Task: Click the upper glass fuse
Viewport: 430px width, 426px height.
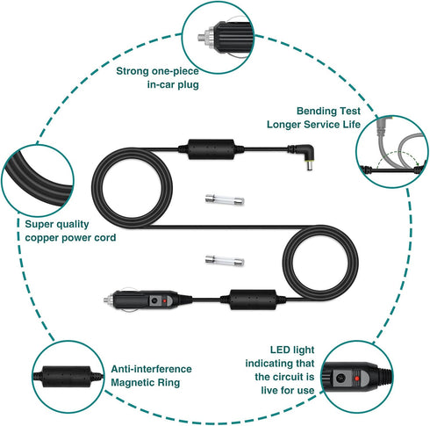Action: pos(225,199)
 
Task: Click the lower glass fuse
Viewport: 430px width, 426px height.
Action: pos(225,260)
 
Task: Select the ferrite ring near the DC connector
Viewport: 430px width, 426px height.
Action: pos(211,149)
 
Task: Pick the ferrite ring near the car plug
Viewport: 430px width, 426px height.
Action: pos(253,300)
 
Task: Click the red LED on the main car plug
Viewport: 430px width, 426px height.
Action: pos(165,300)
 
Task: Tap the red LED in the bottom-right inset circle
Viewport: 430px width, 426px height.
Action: pos(356,379)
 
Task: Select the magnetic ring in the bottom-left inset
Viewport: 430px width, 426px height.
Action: pos(68,376)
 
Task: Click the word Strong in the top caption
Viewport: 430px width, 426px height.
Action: pos(133,71)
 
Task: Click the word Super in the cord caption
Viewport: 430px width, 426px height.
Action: pos(38,224)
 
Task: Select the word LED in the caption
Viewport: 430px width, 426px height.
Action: pos(279,350)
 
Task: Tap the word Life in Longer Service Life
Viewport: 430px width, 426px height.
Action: pos(352,124)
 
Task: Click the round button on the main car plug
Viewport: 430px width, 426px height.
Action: pos(154,300)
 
